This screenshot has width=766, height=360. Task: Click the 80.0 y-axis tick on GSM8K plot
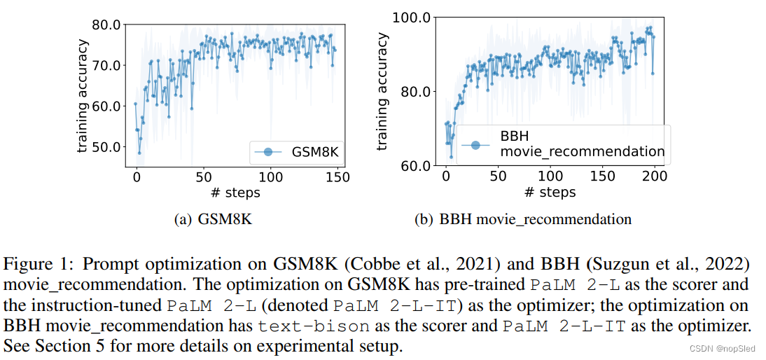point(107,25)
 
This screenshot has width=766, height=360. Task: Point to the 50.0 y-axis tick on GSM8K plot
point(107,147)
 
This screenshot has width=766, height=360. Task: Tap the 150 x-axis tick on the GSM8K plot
point(337,177)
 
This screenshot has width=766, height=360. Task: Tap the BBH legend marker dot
point(475,144)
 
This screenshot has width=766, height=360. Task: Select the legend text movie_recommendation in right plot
point(582,151)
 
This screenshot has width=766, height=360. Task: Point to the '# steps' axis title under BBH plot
point(550,192)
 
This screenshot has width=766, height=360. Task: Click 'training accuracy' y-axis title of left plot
point(83,97)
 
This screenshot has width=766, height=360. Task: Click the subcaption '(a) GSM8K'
point(212,219)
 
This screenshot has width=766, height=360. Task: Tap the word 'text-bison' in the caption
point(302,326)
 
